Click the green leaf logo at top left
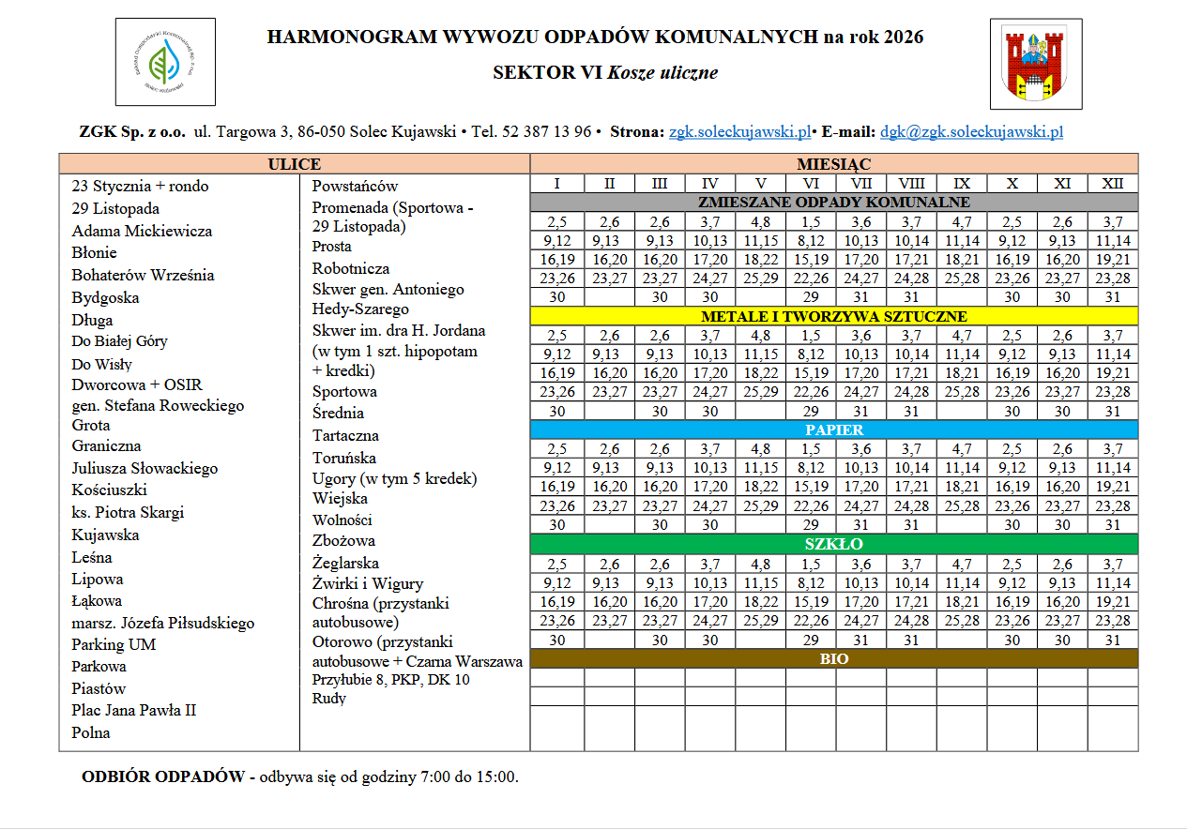tap(165, 62)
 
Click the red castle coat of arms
tap(1035, 63)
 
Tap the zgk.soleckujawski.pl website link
tap(739, 132)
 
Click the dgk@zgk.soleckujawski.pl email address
tap(971, 132)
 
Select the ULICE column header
tap(294, 164)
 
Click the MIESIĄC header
tap(833, 164)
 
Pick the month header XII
tap(1112, 184)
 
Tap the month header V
tap(760, 184)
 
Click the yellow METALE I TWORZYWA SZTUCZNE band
tap(833, 316)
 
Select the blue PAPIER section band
tap(833, 430)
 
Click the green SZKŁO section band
tap(833, 544)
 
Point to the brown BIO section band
tap(833, 658)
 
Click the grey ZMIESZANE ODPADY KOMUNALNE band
tap(833, 203)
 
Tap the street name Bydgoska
tap(105, 297)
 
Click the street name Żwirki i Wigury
tap(367, 583)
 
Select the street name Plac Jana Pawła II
tap(133, 710)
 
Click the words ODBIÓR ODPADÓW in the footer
tap(162, 776)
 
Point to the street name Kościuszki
tap(109, 490)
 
